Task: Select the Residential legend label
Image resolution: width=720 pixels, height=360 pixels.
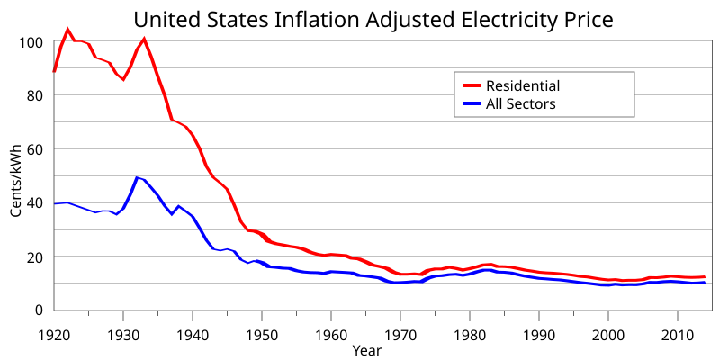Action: point(523,86)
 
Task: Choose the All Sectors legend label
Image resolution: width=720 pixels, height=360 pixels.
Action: point(521,104)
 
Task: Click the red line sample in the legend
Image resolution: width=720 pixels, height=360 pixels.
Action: point(472,86)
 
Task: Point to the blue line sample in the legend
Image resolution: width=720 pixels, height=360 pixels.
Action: point(472,104)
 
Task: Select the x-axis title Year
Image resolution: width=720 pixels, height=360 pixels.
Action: point(366,349)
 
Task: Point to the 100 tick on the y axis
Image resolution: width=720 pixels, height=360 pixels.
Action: point(31,42)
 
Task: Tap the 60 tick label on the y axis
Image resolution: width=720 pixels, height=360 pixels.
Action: point(34,149)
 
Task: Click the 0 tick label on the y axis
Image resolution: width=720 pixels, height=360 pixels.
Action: point(39,310)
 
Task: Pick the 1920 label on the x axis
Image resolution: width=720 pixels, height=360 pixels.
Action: point(54,331)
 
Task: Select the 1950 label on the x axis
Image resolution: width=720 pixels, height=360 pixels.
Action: point(262,331)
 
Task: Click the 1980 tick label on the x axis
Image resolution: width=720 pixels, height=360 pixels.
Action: point(470,331)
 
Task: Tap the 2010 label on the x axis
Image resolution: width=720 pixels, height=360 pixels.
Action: point(678,331)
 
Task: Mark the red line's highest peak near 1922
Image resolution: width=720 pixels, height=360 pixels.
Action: point(68,30)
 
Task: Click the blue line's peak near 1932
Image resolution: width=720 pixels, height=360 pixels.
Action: point(137,177)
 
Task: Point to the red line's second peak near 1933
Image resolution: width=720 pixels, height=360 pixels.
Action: point(144,40)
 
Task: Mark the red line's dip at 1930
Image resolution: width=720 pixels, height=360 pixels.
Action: point(123,79)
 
